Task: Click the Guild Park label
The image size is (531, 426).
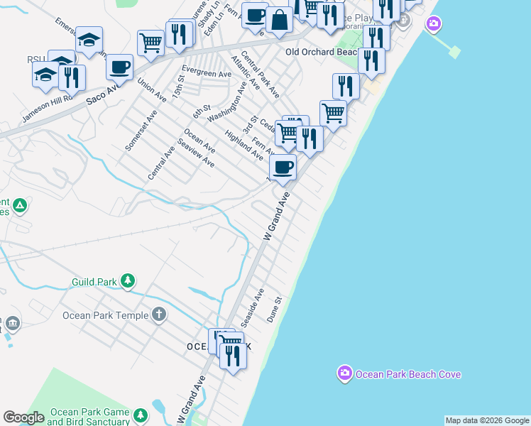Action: coord(94,282)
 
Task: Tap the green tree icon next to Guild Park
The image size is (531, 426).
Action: coord(128,280)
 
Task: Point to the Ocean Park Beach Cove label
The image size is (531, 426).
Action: coord(408,374)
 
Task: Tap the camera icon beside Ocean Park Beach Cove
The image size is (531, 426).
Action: coord(344,373)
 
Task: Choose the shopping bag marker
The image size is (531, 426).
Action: coord(280,21)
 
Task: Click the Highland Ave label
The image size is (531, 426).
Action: coord(243,144)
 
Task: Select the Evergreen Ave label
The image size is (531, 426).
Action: coord(207,72)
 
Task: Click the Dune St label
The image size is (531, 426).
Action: coord(275,310)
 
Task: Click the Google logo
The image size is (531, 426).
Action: coord(23,417)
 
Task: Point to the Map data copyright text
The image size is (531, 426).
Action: coord(487,420)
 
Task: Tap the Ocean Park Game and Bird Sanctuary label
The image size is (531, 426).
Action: coord(89,417)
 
